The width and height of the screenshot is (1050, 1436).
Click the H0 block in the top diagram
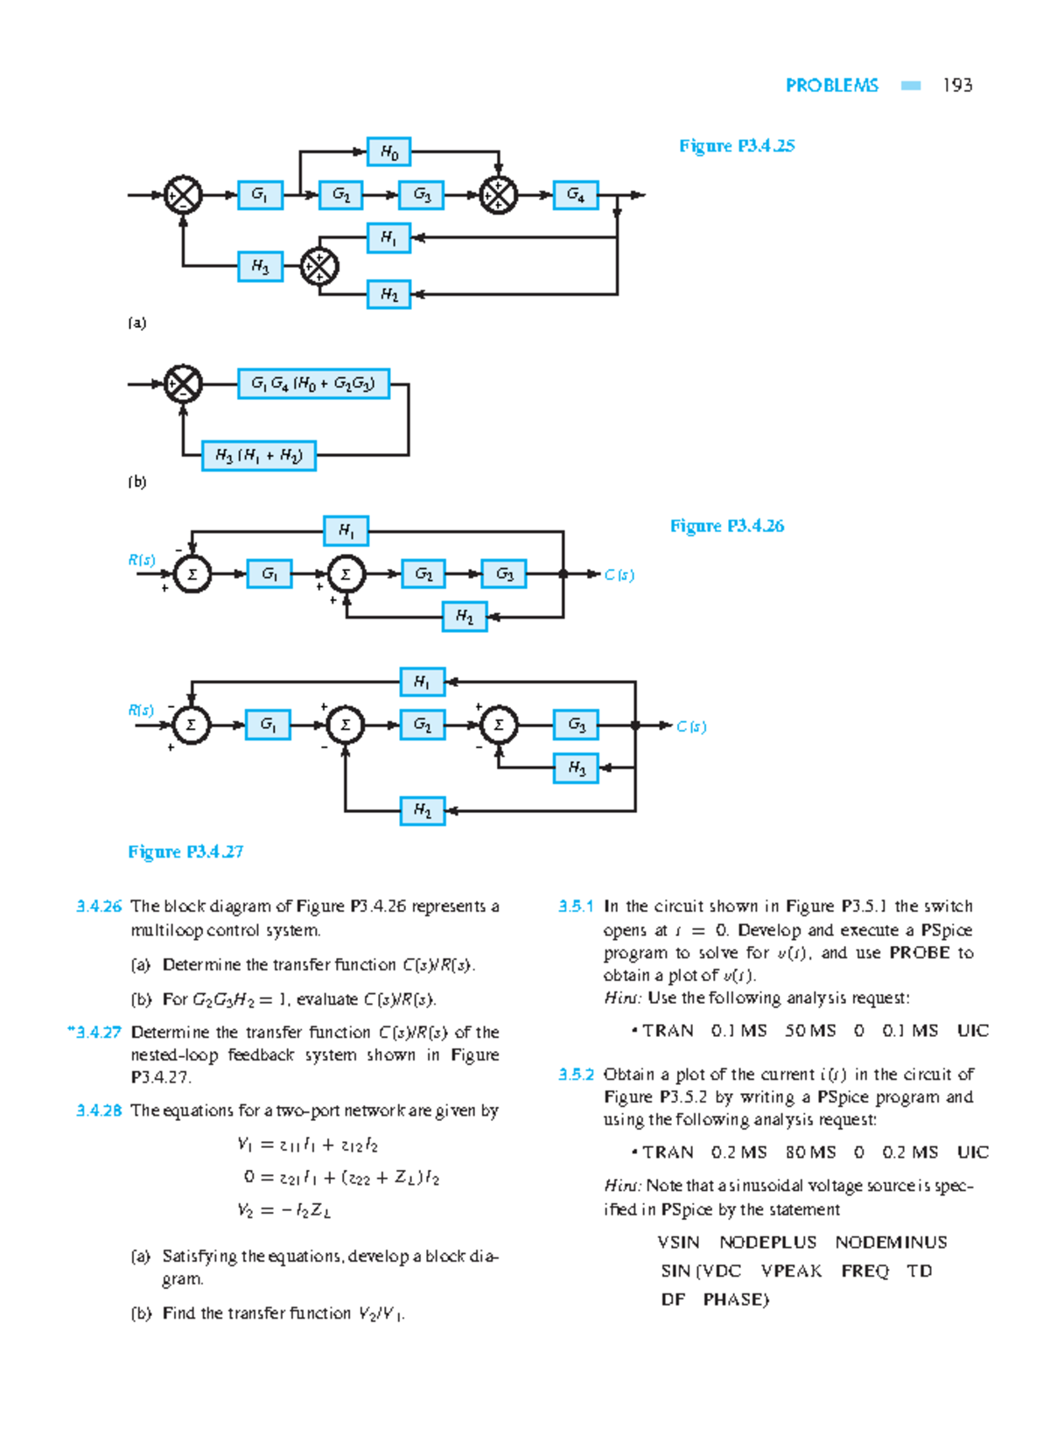point(388,152)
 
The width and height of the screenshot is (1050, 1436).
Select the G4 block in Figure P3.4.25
point(575,194)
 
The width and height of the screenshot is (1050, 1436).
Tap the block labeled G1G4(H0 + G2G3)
point(312,383)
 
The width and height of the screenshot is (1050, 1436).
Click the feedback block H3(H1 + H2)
point(258,456)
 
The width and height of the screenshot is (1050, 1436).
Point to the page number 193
point(957,85)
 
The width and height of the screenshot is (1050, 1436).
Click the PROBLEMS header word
point(831,85)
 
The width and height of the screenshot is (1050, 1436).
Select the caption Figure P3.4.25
point(736,146)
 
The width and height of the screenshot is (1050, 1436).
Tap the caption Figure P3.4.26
point(726,526)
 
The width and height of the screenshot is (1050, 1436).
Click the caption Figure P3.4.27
point(185,851)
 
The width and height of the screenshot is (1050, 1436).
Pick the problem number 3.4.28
point(99,1110)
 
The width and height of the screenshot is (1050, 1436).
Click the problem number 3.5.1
point(576,907)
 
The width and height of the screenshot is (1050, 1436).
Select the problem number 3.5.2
point(576,1075)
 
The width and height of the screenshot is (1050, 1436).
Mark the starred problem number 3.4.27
point(94,1033)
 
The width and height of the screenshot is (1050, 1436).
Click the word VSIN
point(678,1243)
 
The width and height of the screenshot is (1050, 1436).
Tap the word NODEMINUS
point(891,1243)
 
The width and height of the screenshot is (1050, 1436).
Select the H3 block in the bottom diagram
point(576,768)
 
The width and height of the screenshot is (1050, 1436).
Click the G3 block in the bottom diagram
point(576,725)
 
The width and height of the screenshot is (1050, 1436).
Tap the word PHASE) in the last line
point(735,1299)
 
